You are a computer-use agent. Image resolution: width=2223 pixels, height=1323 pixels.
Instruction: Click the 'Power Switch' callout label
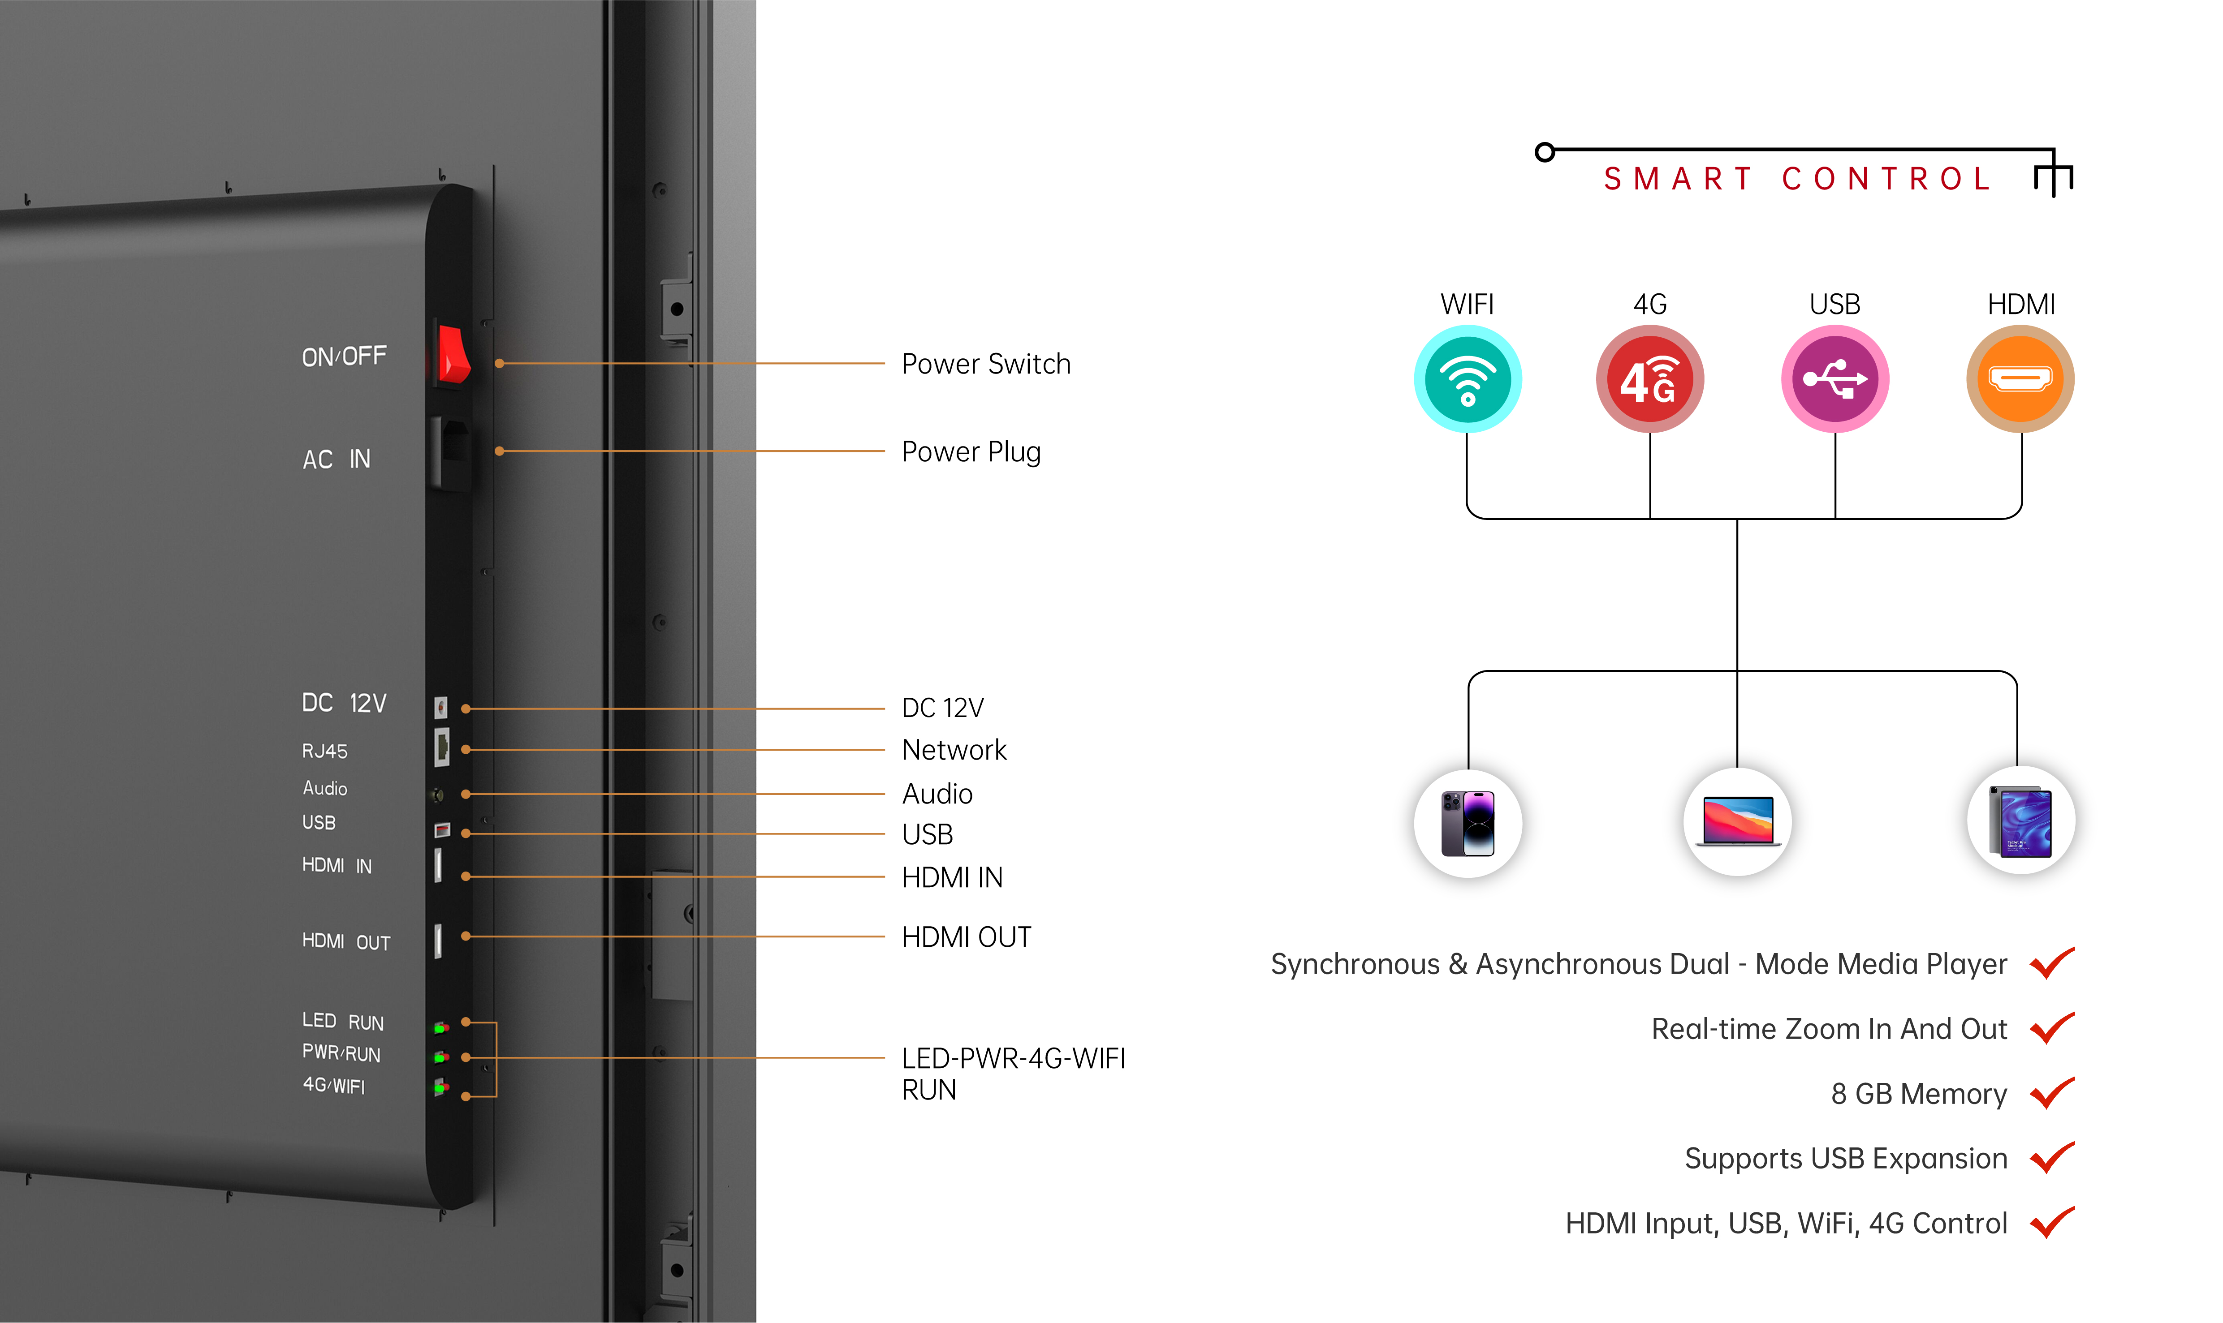[x=985, y=364]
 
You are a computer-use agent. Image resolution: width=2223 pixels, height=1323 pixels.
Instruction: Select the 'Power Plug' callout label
[x=971, y=452]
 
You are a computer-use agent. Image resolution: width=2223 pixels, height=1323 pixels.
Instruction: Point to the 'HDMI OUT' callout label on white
[x=966, y=937]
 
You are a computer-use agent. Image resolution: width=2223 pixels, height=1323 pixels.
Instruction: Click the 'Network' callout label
[x=953, y=750]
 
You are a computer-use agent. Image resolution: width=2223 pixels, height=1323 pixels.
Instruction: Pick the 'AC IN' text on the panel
[x=336, y=459]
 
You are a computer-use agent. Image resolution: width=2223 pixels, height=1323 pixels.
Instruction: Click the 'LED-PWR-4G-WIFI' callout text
[x=1013, y=1058]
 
